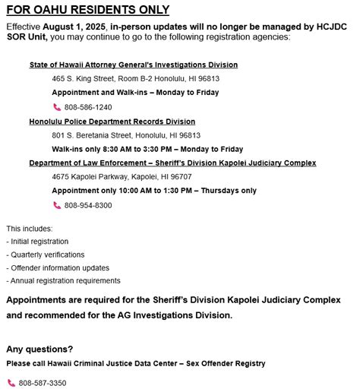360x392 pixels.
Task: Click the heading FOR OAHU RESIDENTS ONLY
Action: (x=87, y=10)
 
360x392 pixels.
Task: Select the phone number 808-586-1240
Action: (x=88, y=107)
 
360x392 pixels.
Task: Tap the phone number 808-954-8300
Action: (x=88, y=205)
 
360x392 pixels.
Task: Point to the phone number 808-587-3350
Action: (x=43, y=383)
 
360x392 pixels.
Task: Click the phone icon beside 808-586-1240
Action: (x=57, y=107)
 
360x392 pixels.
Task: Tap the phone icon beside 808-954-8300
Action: (x=57, y=205)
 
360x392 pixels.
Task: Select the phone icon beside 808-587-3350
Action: (x=11, y=383)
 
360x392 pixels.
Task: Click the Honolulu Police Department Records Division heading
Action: (x=112, y=122)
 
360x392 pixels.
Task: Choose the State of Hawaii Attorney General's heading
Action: (x=134, y=65)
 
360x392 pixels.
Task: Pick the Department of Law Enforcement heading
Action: (x=172, y=163)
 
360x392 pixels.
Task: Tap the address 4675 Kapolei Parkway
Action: (x=122, y=176)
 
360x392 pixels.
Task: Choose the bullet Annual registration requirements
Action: (x=63, y=280)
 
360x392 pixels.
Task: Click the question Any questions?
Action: (x=39, y=349)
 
